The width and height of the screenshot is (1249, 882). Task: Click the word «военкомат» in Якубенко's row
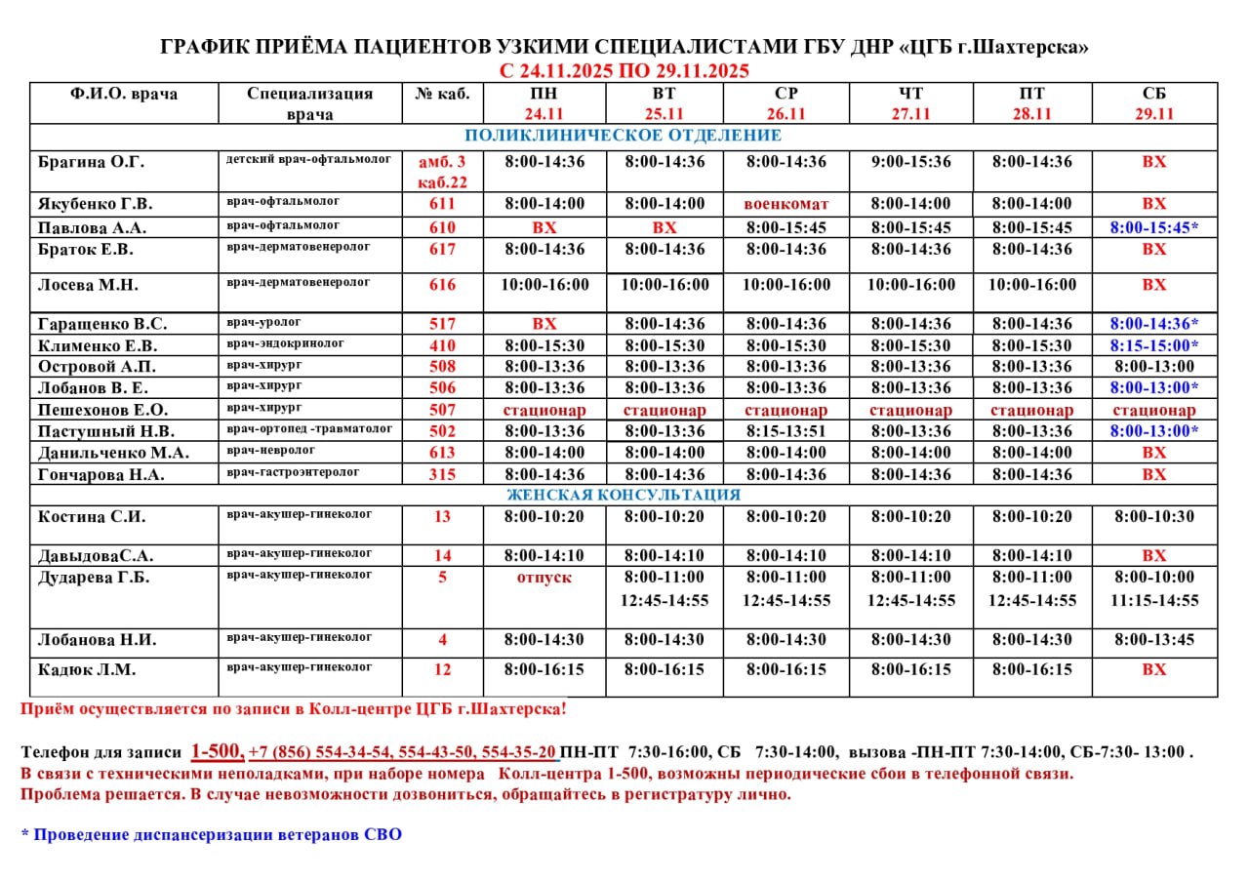pyautogui.click(x=786, y=204)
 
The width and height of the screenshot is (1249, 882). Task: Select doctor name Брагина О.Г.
pyautogui.click(x=83, y=162)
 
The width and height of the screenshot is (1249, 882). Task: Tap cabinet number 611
pyautogui.click(x=442, y=204)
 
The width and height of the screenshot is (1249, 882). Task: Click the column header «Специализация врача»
pyautogui.click(x=309, y=103)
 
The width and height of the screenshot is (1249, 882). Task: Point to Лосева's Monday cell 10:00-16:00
pyautogui.click(x=544, y=285)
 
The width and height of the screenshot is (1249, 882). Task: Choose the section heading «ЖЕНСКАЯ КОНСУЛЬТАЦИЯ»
pyautogui.click(x=624, y=495)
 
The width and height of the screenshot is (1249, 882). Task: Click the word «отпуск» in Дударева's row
pyautogui.click(x=544, y=577)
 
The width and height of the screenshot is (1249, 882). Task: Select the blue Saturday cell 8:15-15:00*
pyautogui.click(x=1154, y=345)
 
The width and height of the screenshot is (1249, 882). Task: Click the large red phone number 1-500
pyautogui.click(x=217, y=751)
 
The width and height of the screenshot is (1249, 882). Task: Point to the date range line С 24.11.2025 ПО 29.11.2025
pyautogui.click(x=624, y=70)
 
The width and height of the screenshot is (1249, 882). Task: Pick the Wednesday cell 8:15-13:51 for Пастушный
pyautogui.click(x=786, y=431)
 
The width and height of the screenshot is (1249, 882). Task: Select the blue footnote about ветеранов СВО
pyautogui.click(x=211, y=835)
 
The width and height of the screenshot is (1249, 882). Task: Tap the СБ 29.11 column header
pyautogui.click(x=1154, y=103)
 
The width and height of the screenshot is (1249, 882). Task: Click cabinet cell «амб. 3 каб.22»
pyautogui.click(x=442, y=172)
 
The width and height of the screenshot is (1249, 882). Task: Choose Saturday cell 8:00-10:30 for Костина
pyautogui.click(x=1154, y=517)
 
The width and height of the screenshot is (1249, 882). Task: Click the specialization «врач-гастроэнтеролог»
pyautogui.click(x=293, y=472)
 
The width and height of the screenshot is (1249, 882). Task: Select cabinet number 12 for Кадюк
pyautogui.click(x=442, y=670)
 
